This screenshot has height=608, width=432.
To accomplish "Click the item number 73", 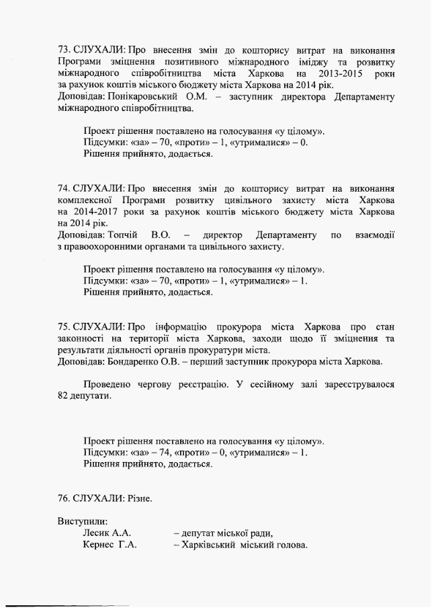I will point(64,50).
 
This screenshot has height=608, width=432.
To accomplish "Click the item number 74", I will point(64,189).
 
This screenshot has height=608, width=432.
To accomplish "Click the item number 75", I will point(64,326).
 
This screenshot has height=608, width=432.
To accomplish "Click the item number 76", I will point(64,498).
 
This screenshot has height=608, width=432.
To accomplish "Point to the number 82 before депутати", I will point(64,396).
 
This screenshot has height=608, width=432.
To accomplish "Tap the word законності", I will point(82,338).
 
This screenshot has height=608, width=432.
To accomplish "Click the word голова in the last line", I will point(292,545).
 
